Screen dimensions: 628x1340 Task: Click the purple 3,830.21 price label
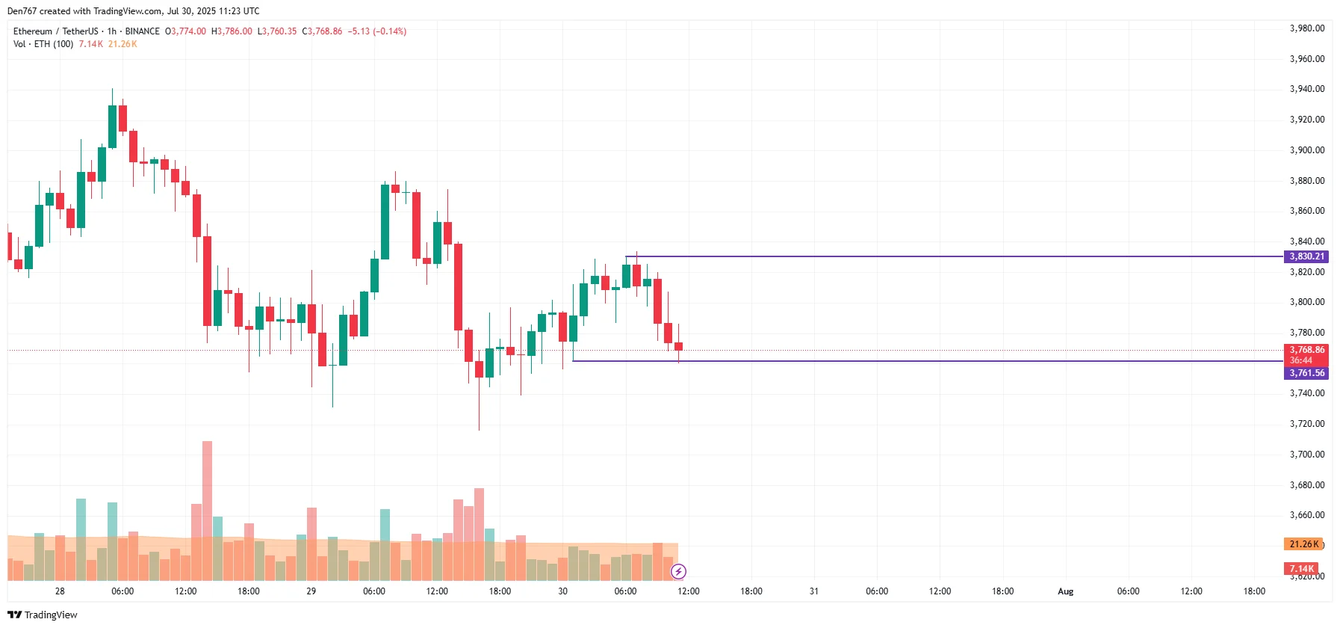pyautogui.click(x=1306, y=256)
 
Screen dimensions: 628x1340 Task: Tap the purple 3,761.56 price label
pyautogui.click(x=1306, y=373)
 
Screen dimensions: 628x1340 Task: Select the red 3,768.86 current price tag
pyautogui.click(x=1306, y=350)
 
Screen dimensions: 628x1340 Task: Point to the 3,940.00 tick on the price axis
pyautogui.click(x=1306, y=89)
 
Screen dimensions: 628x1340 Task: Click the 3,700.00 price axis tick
pyautogui.click(x=1306, y=455)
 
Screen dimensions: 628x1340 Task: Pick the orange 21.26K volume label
pyautogui.click(x=1303, y=544)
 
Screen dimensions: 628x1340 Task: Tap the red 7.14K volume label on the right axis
pyautogui.click(x=1301, y=569)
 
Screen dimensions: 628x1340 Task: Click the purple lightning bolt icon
pyautogui.click(x=678, y=572)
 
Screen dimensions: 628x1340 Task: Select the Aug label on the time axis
pyautogui.click(x=1065, y=591)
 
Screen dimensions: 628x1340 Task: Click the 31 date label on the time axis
pyautogui.click(x=813, y=591)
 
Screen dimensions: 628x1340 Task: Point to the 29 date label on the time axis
pyautogui.click(x=311, y=591)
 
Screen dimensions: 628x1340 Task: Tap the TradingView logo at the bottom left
pyautogui.click(x=43, y=615)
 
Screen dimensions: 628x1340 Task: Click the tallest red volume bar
pyautogui.click(x=207, y=508)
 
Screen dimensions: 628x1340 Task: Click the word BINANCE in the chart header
pyautogui.click(x=142, y=31)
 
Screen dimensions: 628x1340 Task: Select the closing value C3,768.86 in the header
pyautogui.click(x=322, y=31)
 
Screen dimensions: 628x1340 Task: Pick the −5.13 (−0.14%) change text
pyautogui.click(x=377, y=31)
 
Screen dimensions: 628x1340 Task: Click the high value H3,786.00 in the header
pyautogui.click(x=232, y=31)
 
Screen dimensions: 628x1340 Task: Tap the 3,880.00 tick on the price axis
pyautogui.click(x=1306, y=181)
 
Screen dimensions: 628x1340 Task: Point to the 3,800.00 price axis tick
pyautogui.click(x=1306, y=302)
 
